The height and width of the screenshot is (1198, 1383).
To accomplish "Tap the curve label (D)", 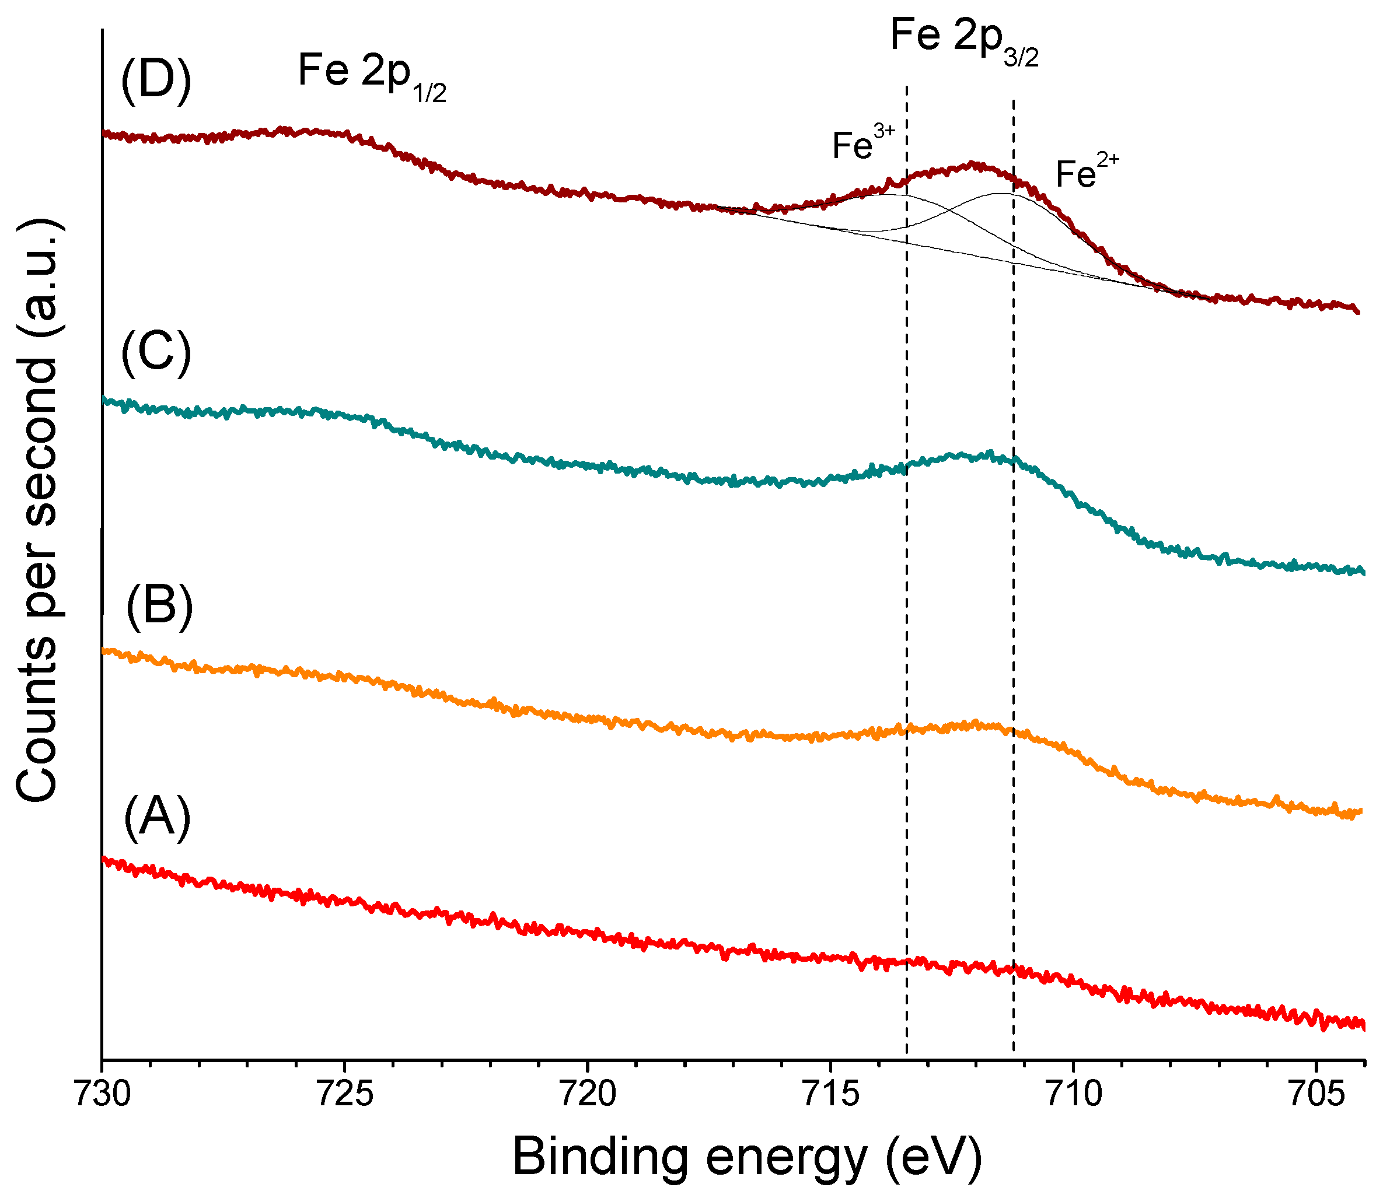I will pos(156,81).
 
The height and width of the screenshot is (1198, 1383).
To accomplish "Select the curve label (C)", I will pos(156,352).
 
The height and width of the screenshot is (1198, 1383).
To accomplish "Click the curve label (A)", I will pos(157,817).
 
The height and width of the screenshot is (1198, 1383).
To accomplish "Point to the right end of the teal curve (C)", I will pos(1363,572).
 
